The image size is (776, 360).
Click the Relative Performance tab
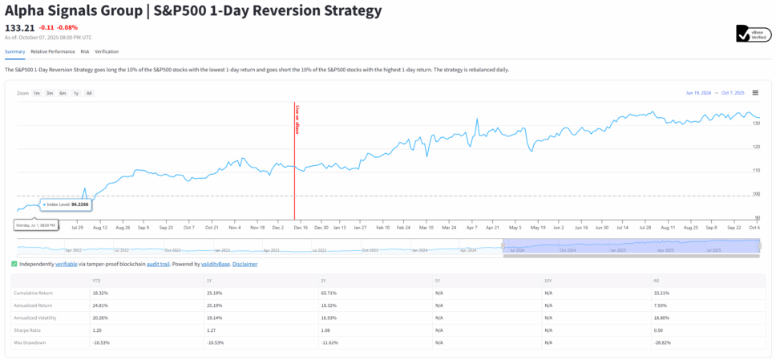coord(52,51)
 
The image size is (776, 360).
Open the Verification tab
coord(107,51)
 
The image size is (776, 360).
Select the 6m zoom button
coord(63,93)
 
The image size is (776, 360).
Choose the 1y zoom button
coord(76,93)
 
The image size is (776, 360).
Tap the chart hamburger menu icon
coord(755,93)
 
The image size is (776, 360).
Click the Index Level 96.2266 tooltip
coord(67,204)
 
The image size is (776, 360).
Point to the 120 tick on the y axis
coord(755,147)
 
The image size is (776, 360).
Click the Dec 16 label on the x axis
coord(301,227)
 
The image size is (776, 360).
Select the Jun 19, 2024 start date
coord(698,93)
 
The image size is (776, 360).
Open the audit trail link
coord(158,264)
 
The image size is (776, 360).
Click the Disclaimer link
coord(245,264)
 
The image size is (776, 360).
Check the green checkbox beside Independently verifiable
coord(14,264)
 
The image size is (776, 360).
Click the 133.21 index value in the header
coord(19,27)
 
